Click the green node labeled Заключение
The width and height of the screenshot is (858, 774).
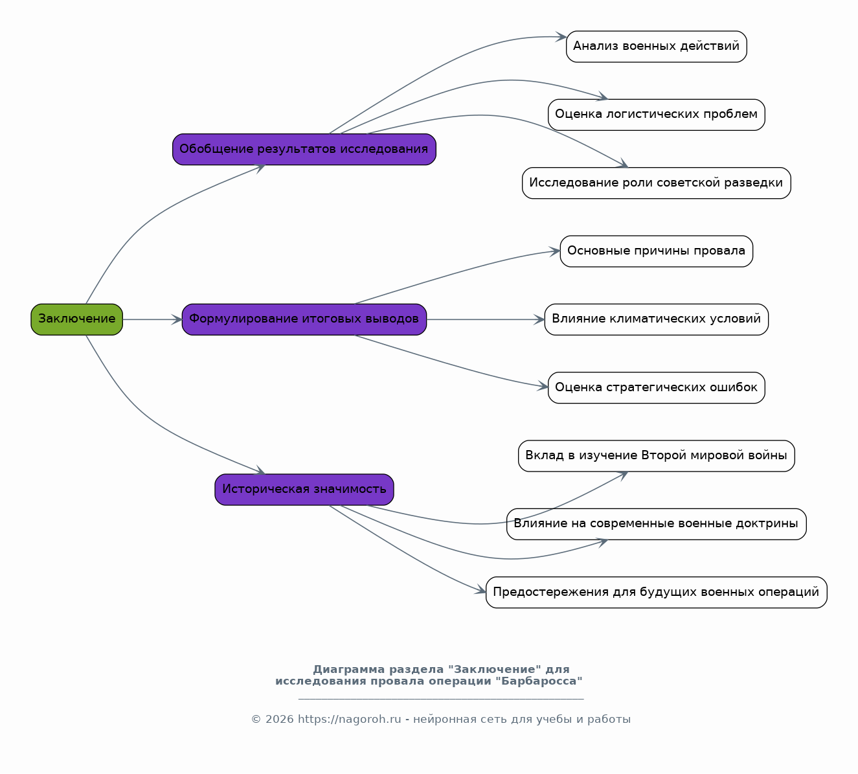77,319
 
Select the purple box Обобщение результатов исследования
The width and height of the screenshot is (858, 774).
304,150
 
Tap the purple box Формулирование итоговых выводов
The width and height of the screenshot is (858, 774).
304,319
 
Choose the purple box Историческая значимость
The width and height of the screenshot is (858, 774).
304,490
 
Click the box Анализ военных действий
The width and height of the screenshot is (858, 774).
657,47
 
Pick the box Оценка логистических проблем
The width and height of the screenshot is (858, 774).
657,115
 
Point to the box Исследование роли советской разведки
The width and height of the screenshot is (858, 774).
657,183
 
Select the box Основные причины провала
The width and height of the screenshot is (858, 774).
657,251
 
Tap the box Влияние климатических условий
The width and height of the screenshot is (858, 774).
657,319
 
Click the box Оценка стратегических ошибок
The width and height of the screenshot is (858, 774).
657,387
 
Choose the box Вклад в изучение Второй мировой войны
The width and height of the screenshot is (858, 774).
657,456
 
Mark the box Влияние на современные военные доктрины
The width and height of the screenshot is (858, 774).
657,524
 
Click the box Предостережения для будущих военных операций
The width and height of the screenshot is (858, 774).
657,592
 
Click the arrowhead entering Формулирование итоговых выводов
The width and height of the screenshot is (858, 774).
177,319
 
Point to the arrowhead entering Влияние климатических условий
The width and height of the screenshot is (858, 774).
539,319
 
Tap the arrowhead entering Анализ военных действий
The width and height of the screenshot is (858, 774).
561,37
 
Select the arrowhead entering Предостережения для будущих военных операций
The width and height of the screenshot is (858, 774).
480,591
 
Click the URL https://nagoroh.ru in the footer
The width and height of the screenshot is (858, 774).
350,719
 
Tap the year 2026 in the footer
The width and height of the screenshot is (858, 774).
279,719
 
